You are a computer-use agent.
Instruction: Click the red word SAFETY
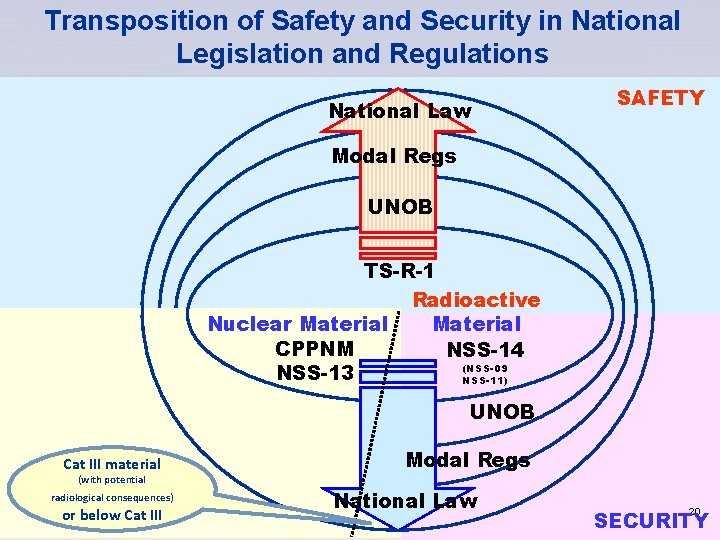660,98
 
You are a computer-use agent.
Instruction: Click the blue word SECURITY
651,520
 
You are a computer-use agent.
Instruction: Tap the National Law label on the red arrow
400,111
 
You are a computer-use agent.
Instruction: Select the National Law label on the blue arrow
405,501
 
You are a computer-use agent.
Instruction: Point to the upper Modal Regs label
394,156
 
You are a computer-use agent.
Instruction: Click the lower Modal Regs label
468,460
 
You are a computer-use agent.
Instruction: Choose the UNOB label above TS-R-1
400,207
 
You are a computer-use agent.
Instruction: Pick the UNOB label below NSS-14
502,412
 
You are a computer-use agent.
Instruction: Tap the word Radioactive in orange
476,300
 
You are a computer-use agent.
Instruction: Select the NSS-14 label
485,350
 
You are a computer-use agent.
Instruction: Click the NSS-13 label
316,373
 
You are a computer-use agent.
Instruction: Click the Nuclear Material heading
296,324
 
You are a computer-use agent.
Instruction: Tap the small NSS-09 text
485,369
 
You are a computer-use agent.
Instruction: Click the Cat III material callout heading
111,464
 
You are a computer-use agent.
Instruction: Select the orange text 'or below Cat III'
111,515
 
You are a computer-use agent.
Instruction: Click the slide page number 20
694,510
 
